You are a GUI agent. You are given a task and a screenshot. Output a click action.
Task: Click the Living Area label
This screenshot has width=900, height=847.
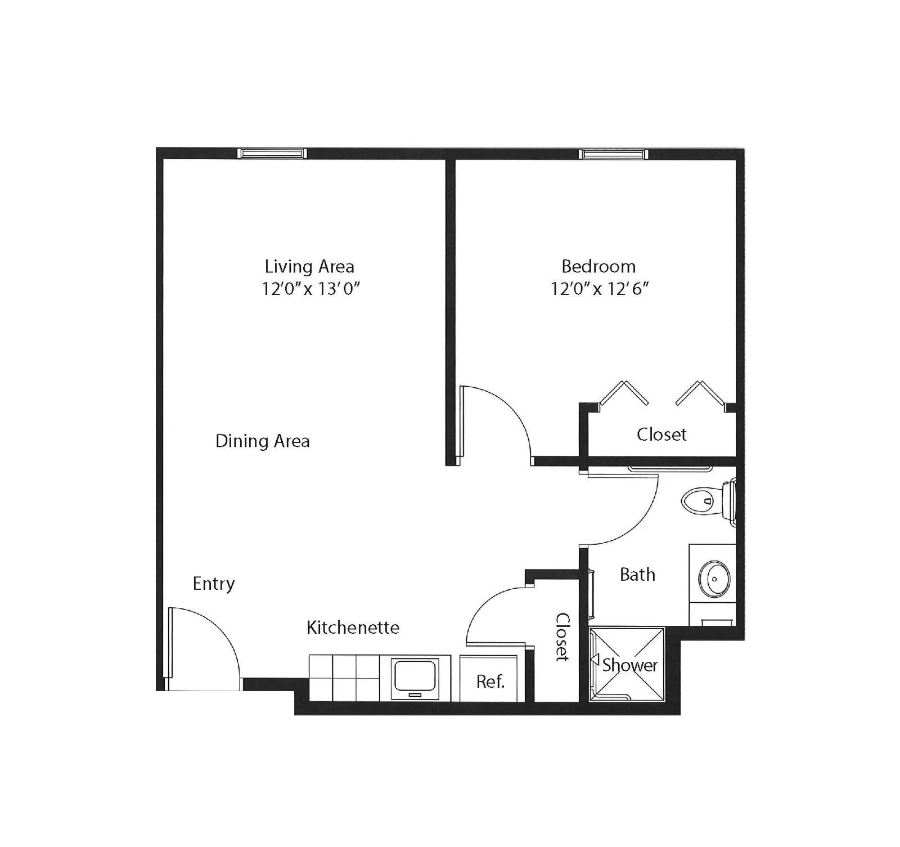[x=309, y=266]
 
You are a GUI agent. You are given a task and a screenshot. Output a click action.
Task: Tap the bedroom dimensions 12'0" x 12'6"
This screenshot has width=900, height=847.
[x=600, y=289]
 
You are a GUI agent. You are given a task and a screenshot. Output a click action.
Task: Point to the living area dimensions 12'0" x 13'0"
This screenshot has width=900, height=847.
[x=310, y=289]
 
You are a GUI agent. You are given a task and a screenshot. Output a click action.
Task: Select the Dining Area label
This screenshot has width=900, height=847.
[x=263, y=441]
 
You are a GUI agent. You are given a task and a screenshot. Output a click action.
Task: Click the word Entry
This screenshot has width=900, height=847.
[x=214, y=584]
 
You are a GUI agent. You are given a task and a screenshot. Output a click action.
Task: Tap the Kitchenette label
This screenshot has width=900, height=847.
[x=353, y=628]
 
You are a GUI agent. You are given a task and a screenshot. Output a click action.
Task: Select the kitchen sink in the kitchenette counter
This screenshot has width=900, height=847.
[x=415, y=678]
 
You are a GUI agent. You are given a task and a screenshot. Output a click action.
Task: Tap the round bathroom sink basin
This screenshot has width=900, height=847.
[x=714, y=579]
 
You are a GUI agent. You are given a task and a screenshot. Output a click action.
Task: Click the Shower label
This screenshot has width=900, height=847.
[x=630, y=665]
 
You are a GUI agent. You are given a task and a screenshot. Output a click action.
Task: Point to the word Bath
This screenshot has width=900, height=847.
[x=637, y=575]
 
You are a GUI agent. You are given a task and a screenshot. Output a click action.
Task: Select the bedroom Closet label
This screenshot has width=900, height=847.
[x=661, y=434]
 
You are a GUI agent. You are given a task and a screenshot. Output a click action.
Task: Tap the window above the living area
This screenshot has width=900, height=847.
[x=272, y=153]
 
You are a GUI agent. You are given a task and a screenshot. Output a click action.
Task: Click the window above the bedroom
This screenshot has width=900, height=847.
[x=613, y=154]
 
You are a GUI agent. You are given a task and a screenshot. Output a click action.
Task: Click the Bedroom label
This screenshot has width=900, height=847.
[x=598, y=266]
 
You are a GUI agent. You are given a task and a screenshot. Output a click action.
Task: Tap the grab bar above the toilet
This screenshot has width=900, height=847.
[x=670, y=468]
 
